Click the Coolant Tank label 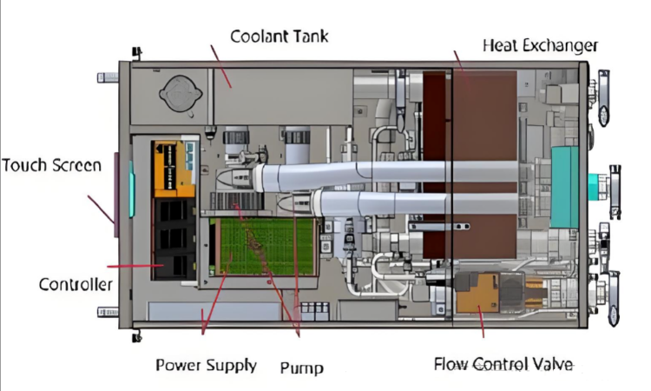[x=279, y=36]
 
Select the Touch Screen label [x=51, y=164]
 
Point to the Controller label [x=75, y=284]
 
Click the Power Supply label [x=206, y=364]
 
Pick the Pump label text [x=301, y=367]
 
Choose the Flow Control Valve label [x=503, y=363]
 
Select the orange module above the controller [x=172, y=167]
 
